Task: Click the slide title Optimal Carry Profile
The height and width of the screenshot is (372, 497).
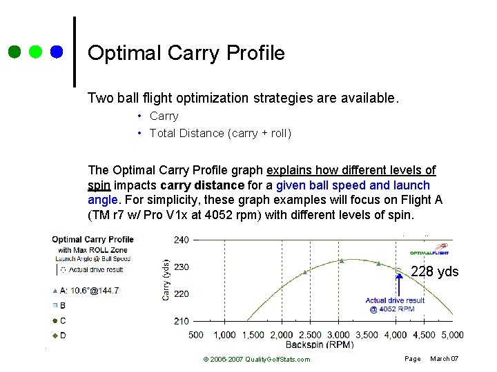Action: click(x=186, y=53)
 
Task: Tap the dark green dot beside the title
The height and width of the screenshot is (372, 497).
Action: click(x=14, y=52)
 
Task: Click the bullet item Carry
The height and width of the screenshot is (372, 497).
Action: click(x=164, y=116)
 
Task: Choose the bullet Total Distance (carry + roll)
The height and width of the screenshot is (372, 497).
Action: click(x=220, y=133)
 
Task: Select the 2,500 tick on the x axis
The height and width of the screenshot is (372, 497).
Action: click(x=310, y=335)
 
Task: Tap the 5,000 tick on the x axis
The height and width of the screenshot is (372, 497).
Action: click(x=451, y=335)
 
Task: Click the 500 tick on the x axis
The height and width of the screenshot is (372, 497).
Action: click(x=196, y=335)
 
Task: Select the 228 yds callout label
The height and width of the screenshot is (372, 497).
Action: click(x=434, y=271)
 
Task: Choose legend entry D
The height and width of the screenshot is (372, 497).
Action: click(x=63, y=335)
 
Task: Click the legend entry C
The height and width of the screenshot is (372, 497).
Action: click(x=63, y=320)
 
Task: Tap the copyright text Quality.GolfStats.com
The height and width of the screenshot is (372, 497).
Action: click(x=256, y=359)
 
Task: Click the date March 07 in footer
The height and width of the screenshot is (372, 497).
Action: click(x=444, y=359)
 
